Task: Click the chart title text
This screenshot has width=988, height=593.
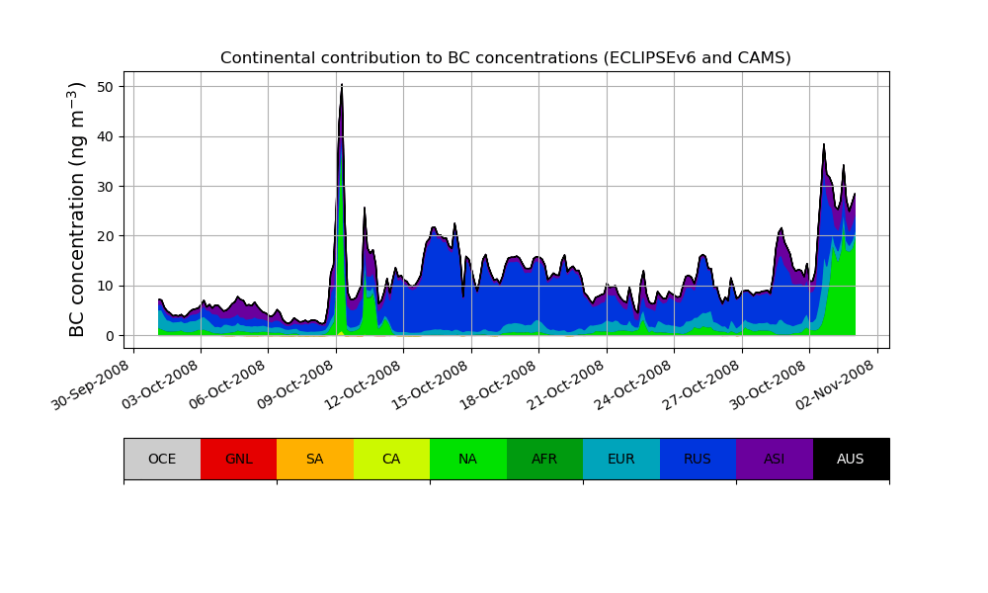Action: [505, 58]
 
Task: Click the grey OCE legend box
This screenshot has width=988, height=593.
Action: [162, 459]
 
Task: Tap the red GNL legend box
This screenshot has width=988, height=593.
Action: [238, 459]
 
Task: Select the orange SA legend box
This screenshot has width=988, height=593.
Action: [315, 459]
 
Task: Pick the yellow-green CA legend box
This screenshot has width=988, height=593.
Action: [391, 459]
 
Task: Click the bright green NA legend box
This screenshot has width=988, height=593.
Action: [468, 459]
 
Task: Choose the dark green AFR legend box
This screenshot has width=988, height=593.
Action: [544, 459]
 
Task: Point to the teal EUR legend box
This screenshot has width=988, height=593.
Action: [621, 459]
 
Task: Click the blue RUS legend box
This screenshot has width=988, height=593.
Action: [698, 459]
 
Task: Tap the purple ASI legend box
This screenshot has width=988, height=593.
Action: [775, 459]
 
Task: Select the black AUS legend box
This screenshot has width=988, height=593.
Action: [851, 459]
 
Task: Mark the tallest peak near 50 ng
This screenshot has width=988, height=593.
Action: [342, 86]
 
